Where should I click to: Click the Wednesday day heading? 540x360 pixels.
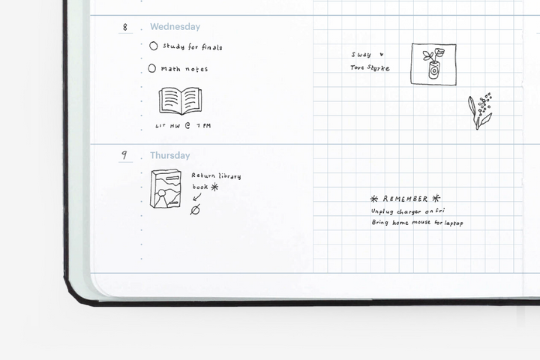tap(175, 27)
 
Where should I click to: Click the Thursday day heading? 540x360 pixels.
tap(169, 155)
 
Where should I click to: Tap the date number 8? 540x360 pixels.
tap(125, 27)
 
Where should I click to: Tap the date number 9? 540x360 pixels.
tap(124, 155)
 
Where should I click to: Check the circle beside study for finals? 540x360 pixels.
tap(154, 46)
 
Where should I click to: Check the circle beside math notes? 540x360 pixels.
tap(151, 68)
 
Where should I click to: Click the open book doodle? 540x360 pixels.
tap(180, 100)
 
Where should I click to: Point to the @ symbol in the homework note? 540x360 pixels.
tap(187, 125)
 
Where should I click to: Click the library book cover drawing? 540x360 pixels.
tap(166, 188)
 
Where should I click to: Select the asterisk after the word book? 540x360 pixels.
tap(214, 187)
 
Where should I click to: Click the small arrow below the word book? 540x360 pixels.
tap(197, 197)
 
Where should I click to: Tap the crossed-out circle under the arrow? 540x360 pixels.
tap(195, 209)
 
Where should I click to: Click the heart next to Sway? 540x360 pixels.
tap(381, 55)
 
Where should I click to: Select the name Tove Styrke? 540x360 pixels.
tap(370, 67)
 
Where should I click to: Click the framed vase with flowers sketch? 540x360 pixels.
tap(433, 64)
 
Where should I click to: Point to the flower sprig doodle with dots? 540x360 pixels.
tap(480, 111)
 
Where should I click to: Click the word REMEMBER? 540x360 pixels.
tap(405, 199)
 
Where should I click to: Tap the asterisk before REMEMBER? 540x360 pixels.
tap(374, 199)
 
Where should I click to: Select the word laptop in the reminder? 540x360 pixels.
tap(454, 223)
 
